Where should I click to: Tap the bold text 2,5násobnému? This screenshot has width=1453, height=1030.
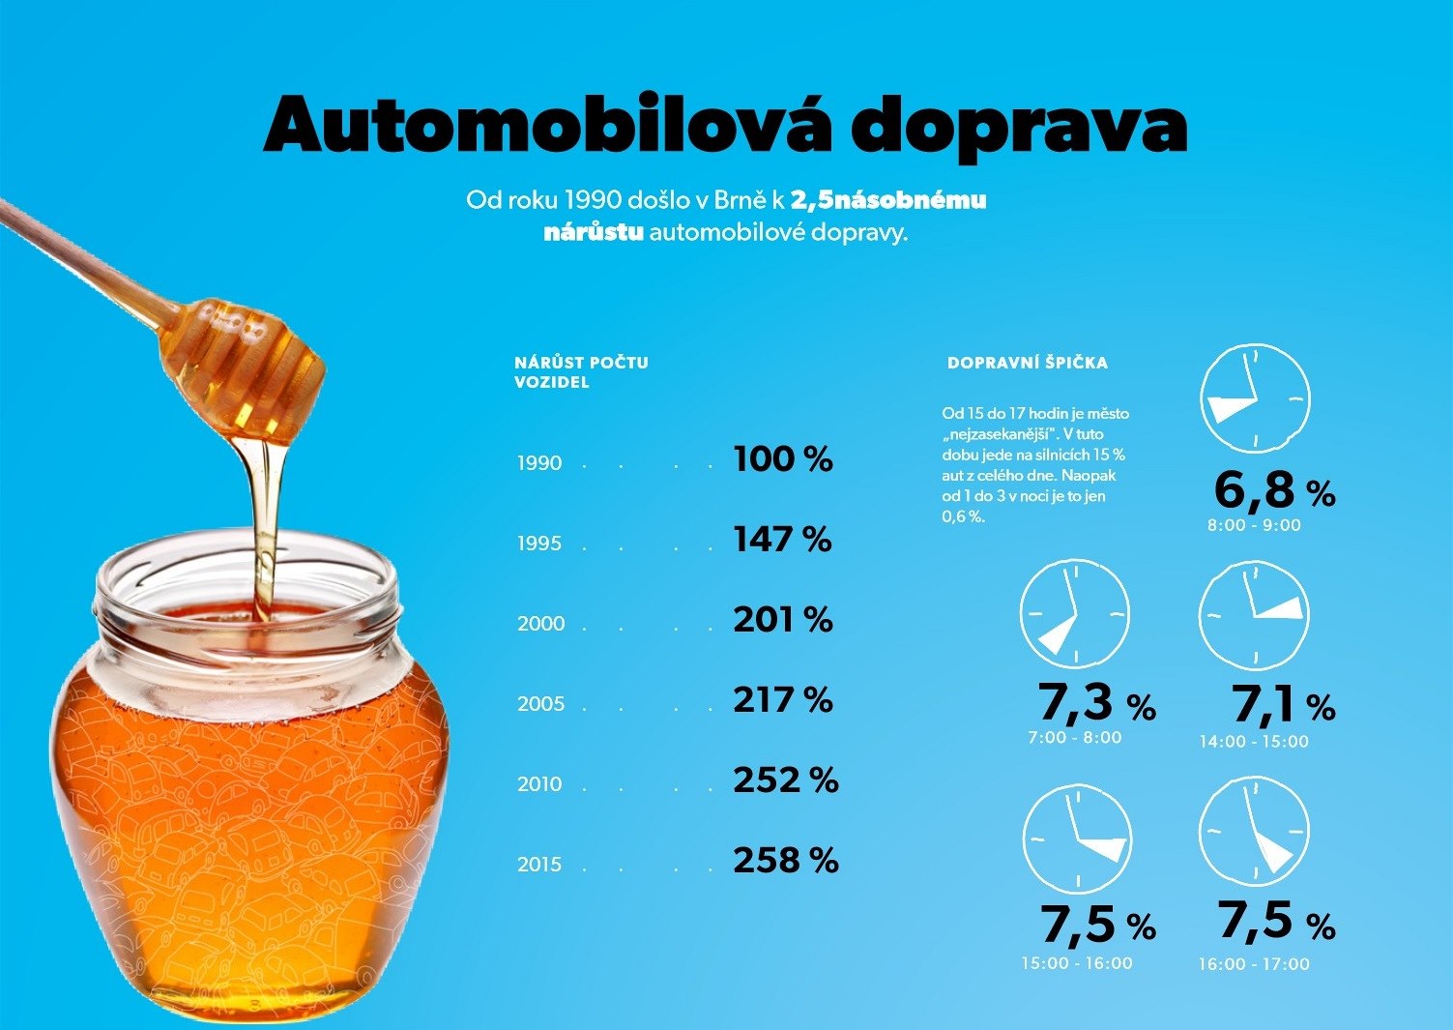(x=888, y=200)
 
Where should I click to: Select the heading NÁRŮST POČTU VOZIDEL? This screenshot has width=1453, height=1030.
(x=581, y=372)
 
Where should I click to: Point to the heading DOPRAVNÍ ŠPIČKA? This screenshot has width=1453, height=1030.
(x=1028, y=364)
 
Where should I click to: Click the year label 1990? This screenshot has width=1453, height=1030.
(x=539, y=463)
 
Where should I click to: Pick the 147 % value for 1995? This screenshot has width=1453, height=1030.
(x=782, y=540)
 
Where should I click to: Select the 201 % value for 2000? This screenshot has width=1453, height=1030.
(x=783, y=620)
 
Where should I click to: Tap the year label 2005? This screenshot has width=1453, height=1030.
(x=540, y=704)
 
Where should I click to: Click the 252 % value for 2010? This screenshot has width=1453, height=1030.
(x=785, y=780)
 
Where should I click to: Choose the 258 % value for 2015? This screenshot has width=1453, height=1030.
(x=785, y=861)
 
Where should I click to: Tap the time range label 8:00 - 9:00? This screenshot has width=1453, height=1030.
(x=1254, y=526)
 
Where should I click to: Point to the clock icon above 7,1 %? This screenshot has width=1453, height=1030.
(x=1254, y=615)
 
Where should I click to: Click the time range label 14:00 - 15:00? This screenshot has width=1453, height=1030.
(x=1254, y=742)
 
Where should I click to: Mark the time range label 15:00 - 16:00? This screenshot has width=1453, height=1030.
(x=1076, y=963)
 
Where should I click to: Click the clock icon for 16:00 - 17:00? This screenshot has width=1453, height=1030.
(x=1254, y=832)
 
